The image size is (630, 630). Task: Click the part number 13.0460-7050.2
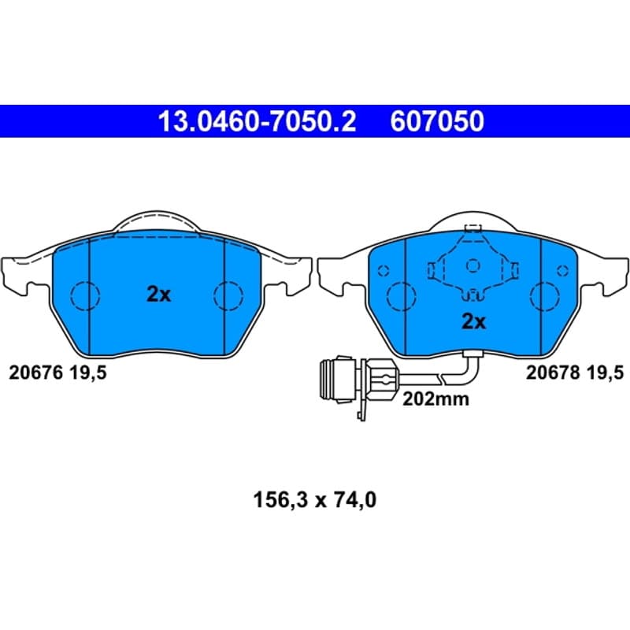(x=258, y=121)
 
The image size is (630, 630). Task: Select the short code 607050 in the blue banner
(x=437, y=121)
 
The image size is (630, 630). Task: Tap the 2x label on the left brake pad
(x=159, y=294)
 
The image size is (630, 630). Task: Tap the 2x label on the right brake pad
(x=474, y=321)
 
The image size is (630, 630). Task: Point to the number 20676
(x=35, y=372)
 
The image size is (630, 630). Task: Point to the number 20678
(x=553, y=372)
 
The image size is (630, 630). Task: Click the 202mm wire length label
(x=436, y=399)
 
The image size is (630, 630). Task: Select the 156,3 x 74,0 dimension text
(x=314, y=500)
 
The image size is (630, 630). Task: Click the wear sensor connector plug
(x=358, y=380)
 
